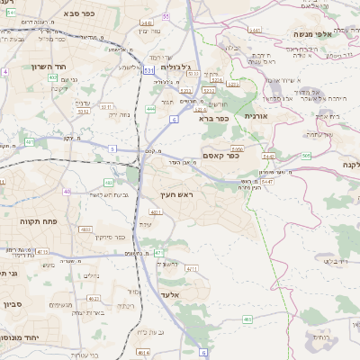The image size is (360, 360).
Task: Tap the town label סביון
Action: (10, 304)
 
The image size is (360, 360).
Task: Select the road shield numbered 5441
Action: (255, 31)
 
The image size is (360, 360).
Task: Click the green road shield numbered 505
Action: (307, 156)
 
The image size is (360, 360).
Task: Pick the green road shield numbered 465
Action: (247, 319)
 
